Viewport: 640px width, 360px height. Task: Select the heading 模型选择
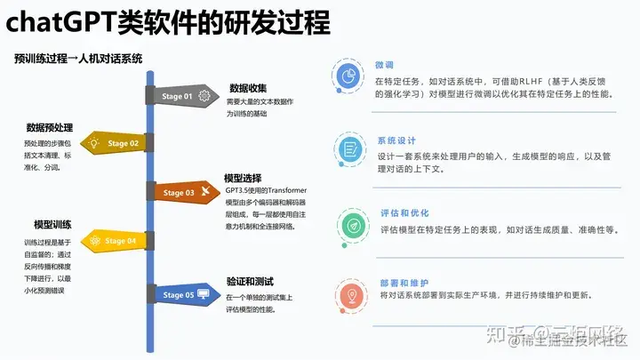tap(244, 178)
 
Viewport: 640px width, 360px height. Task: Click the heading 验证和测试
tap(249, 281)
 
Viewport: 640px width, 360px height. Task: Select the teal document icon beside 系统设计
tap(349, 149)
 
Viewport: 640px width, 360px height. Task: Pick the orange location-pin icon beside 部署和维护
tap(349, 294)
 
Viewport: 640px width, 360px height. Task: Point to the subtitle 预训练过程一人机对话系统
tap(78, 59)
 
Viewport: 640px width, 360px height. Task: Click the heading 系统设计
tap(396, 140)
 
